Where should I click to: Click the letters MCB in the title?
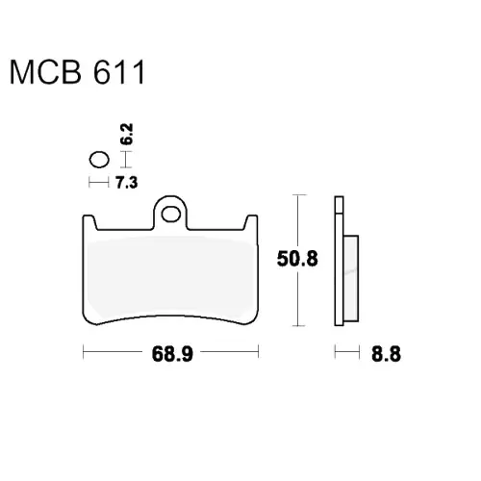[x=45, y=72]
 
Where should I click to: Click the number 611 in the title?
[x=119, y=72]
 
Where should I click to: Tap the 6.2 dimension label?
[x=127, y=134]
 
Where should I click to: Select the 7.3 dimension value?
[x=127, y=183]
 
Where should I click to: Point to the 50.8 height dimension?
[x=297, y=259]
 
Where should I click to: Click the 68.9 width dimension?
[x=172, y=354]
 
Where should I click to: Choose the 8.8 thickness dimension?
[x=386, y=354]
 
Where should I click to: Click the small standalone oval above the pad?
[x=99, y=160]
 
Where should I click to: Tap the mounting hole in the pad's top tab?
[x=171, y=215]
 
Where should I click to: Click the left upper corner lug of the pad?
[x=89, y=222]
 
